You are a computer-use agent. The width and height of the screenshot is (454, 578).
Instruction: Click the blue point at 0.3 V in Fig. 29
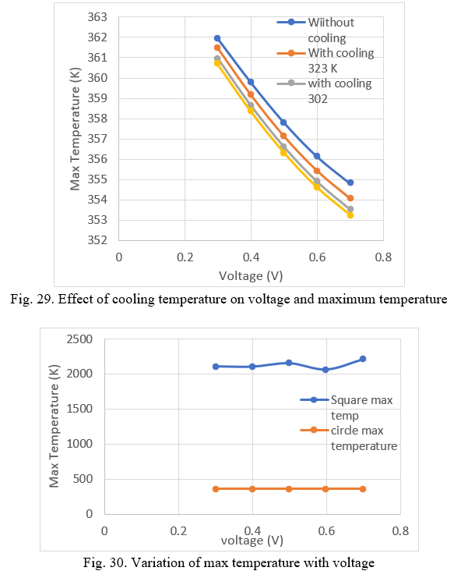pos(217,38)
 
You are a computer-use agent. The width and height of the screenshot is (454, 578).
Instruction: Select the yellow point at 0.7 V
pos(350,215)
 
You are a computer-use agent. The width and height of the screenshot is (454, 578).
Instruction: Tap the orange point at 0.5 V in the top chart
pos(283,136)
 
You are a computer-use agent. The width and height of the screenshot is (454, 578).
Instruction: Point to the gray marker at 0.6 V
pos(317,181)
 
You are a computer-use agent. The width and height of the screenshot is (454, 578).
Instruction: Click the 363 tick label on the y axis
pos(97,17)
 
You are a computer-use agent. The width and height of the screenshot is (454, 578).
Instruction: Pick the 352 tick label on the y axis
pos(97,240)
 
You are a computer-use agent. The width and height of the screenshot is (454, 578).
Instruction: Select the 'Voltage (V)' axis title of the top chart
pos(251,276)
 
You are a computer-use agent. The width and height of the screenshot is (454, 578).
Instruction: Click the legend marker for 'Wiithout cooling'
pos(291,22)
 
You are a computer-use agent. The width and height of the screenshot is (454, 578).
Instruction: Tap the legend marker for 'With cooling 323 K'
pos(291,53)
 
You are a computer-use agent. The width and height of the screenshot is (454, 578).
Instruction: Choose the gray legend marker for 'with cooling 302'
pos(291,83)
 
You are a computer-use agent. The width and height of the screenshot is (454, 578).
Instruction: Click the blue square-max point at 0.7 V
pos(363,359)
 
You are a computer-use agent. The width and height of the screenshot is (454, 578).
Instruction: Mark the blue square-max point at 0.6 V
pos(326,370)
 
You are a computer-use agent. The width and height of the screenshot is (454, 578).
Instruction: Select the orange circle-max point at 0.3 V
pos(216,489)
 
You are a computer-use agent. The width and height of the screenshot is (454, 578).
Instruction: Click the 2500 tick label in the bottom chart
pos(79,339)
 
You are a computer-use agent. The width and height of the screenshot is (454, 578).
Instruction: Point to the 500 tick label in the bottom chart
pos(83,479)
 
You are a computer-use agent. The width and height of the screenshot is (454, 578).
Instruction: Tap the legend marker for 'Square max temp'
pos(314,399)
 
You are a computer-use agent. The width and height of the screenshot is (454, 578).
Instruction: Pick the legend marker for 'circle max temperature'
pos(314,430)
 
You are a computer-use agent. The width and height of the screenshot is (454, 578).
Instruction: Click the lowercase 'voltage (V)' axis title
pos(252,541)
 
